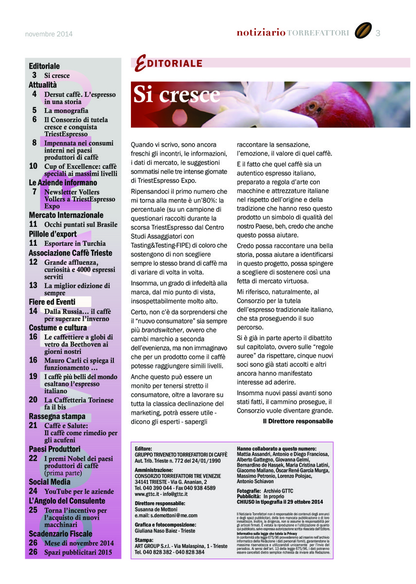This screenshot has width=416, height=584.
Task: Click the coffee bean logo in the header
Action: tap(363, 31)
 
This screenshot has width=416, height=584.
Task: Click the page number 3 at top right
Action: tap(378, 33)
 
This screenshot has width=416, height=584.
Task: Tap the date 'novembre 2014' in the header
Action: tap(49, 34)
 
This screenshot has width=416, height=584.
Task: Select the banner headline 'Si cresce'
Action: tap(177, 95)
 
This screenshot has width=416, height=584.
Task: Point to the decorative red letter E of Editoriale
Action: tap(141, 64)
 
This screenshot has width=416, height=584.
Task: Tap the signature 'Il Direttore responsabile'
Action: tap(298, 421)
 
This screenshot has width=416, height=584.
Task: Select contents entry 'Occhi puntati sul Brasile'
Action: tap(81, 224)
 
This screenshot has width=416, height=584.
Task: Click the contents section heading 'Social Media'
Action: tap(50, 482)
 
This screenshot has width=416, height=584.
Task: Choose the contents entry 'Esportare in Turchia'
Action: tap(75, 243)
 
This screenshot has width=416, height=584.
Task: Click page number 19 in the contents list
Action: tap(33, 376)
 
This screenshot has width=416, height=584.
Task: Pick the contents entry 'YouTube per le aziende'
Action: tap(79, 492)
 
